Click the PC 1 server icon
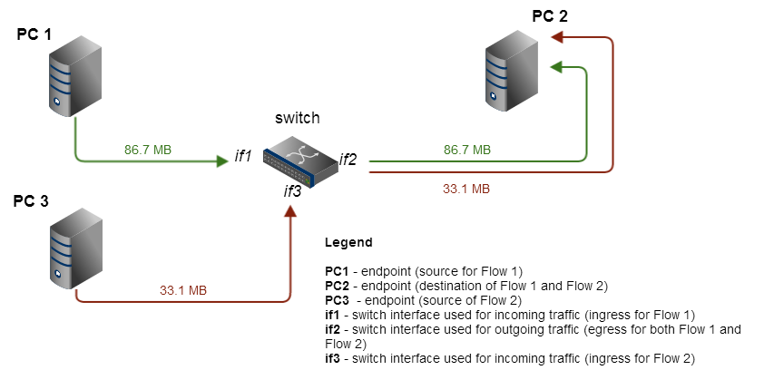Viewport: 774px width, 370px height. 75,76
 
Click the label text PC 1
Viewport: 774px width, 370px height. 34,34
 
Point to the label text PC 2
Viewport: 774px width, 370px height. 550,15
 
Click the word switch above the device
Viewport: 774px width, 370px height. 298,119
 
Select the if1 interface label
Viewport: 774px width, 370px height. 243,157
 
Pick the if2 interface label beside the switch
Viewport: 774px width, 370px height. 348,160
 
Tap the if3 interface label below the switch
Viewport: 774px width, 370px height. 292,190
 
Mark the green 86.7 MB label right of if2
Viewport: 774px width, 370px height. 467,149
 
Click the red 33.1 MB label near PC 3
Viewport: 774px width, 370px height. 183,290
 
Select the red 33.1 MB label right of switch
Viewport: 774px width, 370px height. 466,190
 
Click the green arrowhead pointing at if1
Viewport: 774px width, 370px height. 222,161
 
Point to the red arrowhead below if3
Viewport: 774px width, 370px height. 290,211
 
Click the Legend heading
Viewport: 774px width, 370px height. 348,243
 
